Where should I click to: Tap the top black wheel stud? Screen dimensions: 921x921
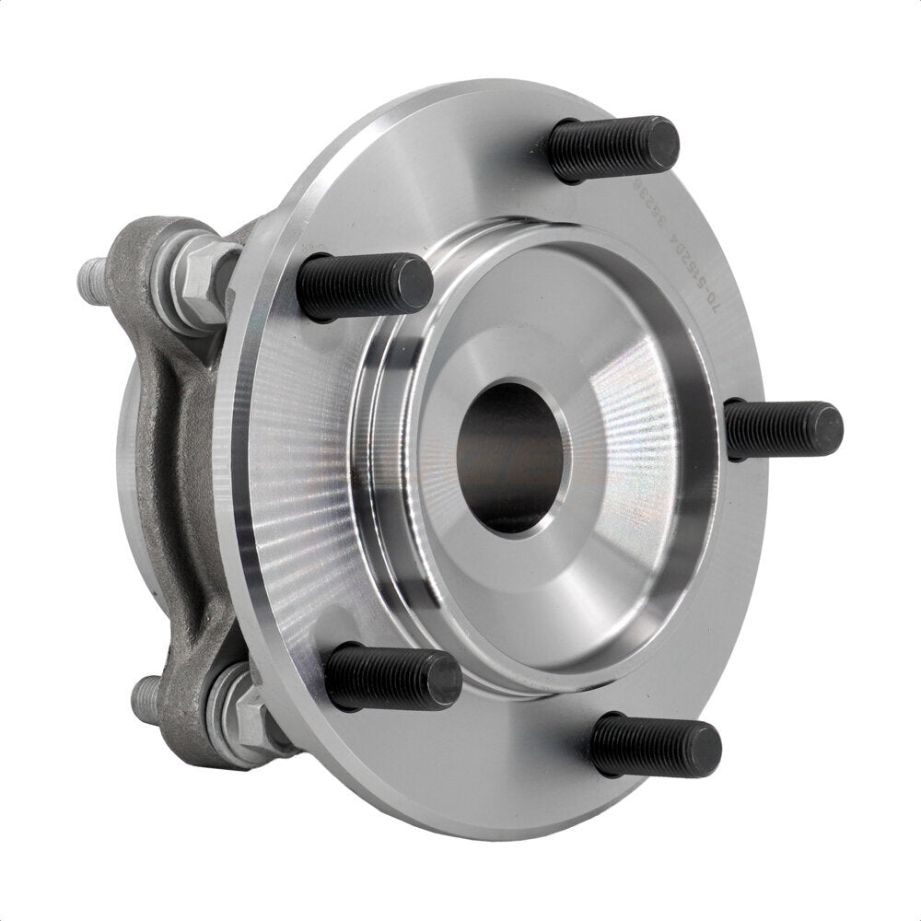pos(612,147)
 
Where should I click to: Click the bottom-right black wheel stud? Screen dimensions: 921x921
pos(655,744)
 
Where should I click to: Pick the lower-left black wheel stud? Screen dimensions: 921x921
pos(391,677)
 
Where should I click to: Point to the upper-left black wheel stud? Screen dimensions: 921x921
pos(364,286)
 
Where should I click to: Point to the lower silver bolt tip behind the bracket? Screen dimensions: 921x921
pos(145,697)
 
